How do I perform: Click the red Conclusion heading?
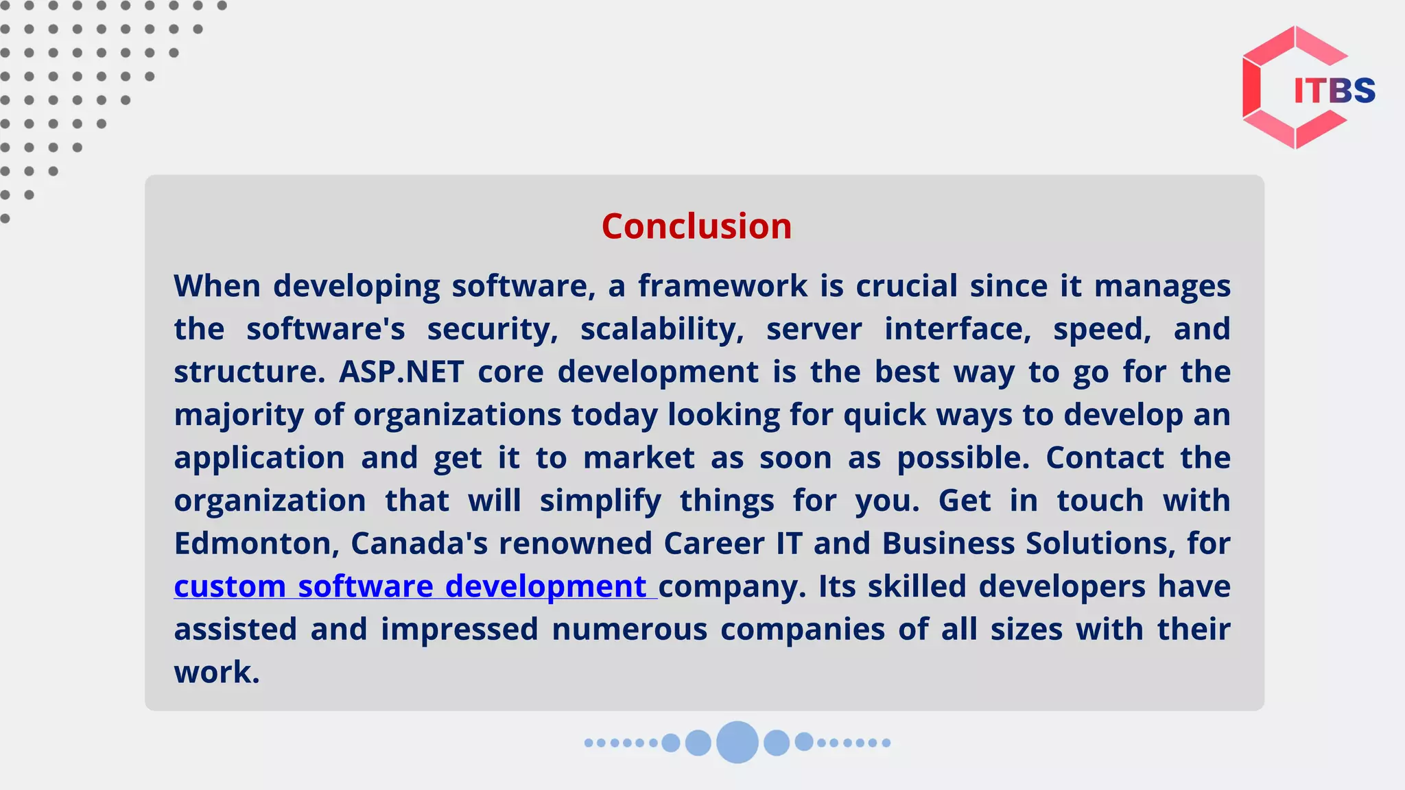pos(696,226)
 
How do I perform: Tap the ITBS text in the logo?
pos(1334,91)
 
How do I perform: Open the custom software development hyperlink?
pos(410,587)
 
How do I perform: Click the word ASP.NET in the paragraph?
pos(401,372)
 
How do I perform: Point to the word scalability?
pos(661,330)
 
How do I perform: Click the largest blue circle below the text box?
pos(737,742)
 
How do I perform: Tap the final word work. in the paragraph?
pos(217,673)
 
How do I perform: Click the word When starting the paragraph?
pos(217,287)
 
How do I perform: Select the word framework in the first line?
pos(722,287)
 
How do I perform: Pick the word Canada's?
pos(419,544)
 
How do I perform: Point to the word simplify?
pos(600,501)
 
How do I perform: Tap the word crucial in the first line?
pos(906,287)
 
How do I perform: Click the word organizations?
pos(458,416)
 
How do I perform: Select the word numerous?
pos(629,630)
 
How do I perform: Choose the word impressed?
pos(459,630)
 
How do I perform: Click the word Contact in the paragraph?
pos(1105,458)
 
